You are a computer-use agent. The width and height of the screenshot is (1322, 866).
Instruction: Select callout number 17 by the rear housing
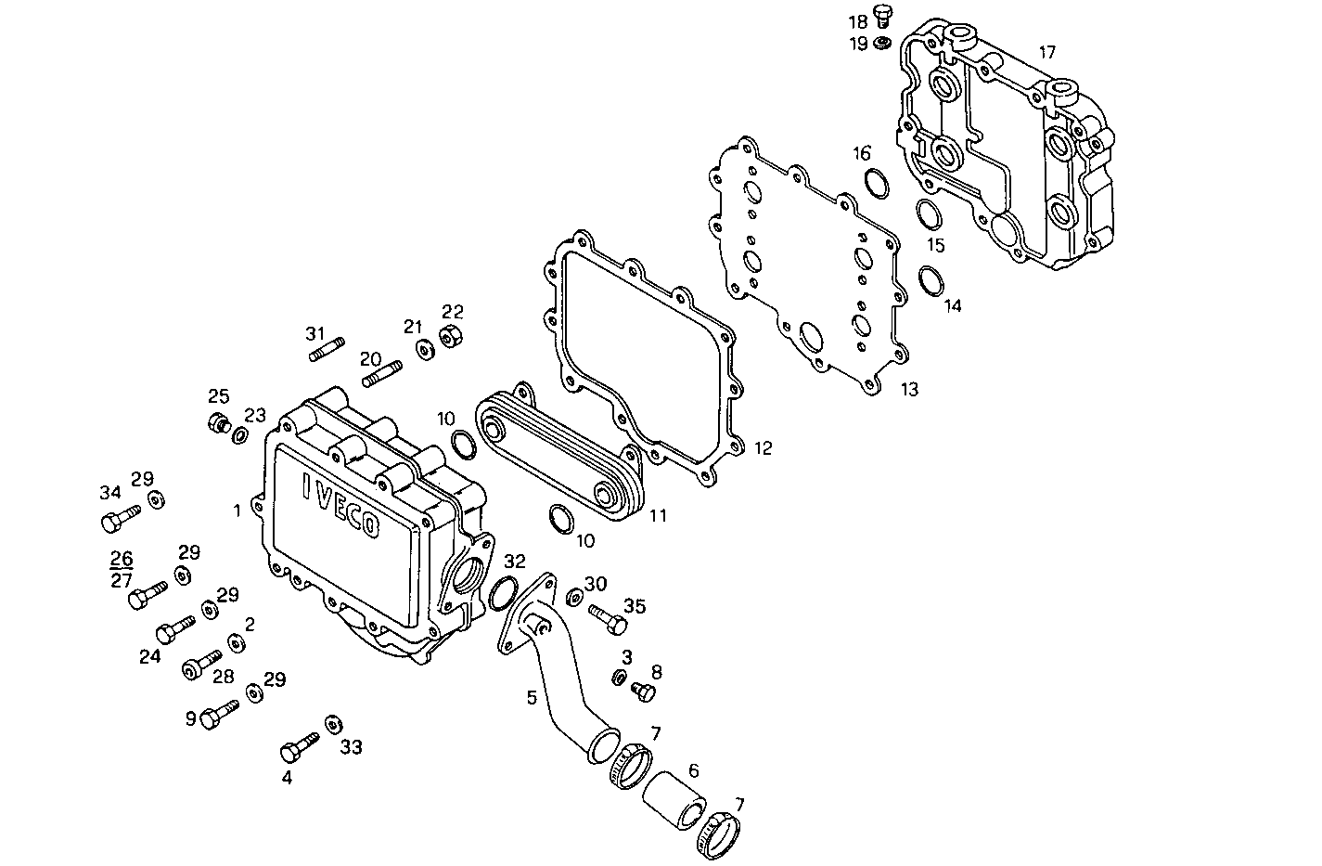point(1046,53)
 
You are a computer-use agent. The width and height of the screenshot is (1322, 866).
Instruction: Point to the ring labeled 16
point(876,184)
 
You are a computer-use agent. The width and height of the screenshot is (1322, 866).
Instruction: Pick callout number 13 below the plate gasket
point(909,390)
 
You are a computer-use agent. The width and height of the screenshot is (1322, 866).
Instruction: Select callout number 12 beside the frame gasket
point(763,449)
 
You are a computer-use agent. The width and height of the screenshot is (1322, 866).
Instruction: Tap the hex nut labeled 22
point(450,338)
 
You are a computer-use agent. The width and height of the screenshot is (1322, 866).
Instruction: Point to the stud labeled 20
point(383,375)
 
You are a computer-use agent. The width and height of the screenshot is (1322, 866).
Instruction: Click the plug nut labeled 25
point(219,424)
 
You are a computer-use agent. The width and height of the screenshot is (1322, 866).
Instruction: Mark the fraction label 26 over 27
point(122,570)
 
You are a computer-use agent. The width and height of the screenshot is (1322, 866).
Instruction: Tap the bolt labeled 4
point(299,745)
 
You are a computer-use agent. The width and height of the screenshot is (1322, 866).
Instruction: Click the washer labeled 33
point(331,724)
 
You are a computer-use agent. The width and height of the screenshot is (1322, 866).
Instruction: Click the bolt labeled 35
point(606,618)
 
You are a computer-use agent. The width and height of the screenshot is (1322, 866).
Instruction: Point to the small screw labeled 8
point(642,691)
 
